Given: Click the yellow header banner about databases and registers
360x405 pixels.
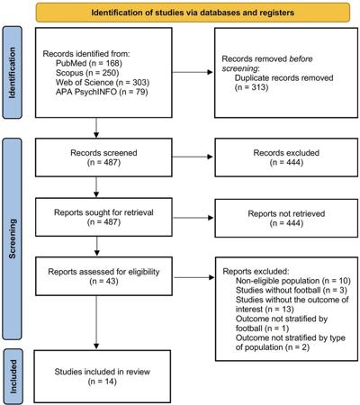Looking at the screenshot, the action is point(193,13).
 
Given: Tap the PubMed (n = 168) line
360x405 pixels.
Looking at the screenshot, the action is point(89,63).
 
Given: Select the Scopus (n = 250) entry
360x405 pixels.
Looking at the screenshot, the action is point(87,73).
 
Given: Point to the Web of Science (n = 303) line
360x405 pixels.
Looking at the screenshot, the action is point(103,82).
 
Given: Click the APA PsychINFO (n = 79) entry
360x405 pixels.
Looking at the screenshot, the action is point(102,92).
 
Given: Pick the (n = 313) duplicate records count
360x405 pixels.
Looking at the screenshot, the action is point(251,87).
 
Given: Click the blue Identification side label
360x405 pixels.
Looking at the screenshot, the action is point(12,73).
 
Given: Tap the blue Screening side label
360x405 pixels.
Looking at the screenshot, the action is point(12,238).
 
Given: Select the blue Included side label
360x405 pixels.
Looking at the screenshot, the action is point(13,376).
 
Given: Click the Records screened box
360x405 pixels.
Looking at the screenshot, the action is point(103,157).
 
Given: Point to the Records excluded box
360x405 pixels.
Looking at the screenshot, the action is point(286,157).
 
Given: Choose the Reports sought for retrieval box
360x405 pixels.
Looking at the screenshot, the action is point(103,217).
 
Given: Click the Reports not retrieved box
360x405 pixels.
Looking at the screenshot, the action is point(286,218).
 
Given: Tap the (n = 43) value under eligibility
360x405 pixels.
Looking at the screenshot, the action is point(103,282).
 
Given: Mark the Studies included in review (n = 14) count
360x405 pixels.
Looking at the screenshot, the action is point(103,382).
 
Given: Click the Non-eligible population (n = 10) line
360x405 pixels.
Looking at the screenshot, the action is point(293,281).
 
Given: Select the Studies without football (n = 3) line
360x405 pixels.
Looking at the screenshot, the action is point(292,291).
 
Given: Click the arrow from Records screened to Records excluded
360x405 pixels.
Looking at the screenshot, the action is point(193,157).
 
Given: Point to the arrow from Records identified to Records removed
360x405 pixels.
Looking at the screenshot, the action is point(193,72).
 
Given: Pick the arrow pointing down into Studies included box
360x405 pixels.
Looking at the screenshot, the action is point(96,322).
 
